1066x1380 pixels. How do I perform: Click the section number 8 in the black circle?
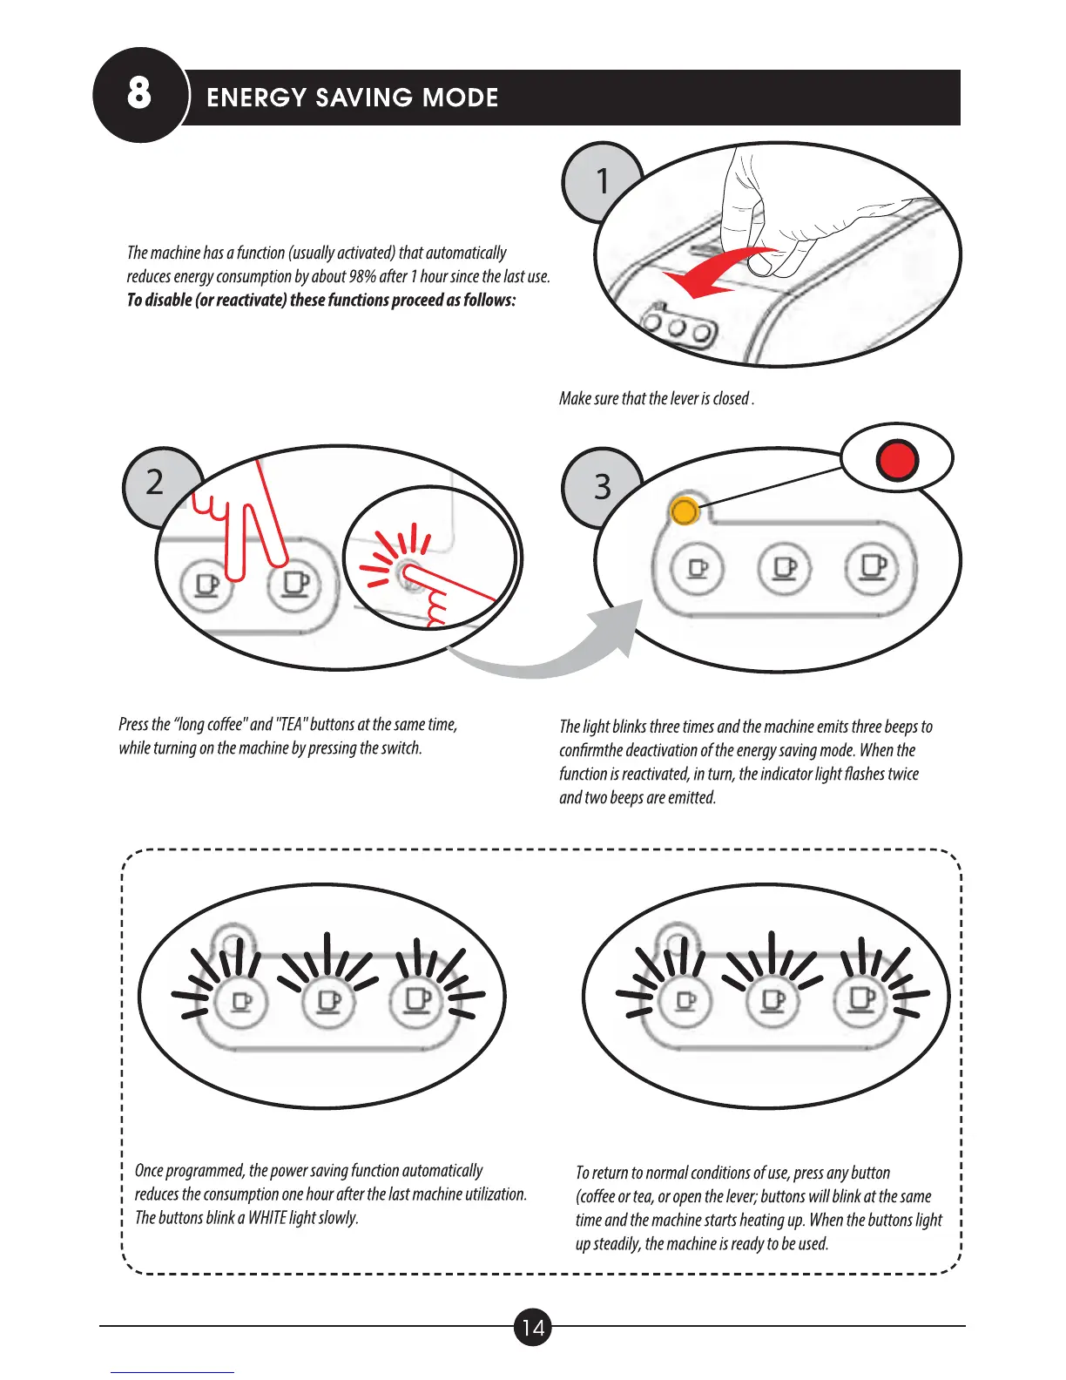[x=138, y=93]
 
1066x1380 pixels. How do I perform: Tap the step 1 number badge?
[x=600, y=180]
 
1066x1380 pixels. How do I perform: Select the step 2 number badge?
[x=155, y=482]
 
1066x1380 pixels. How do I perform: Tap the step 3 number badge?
[x=602, y=486]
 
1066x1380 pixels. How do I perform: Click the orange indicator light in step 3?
[x=685, y=511]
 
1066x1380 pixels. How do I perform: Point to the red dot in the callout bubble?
[x=897, y=459]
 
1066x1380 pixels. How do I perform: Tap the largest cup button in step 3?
[x=873, y=568]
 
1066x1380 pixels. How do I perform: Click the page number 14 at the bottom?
[x=533, y=1327]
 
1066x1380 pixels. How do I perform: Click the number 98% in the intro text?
[x=361, y=277]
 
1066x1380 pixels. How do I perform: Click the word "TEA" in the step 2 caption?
[x=291, y=725]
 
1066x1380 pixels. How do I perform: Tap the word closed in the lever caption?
[x=731, y=399]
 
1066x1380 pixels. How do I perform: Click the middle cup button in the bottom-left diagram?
[x=329, y=1002]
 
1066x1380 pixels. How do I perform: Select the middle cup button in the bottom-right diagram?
[x=773, y=1000]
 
